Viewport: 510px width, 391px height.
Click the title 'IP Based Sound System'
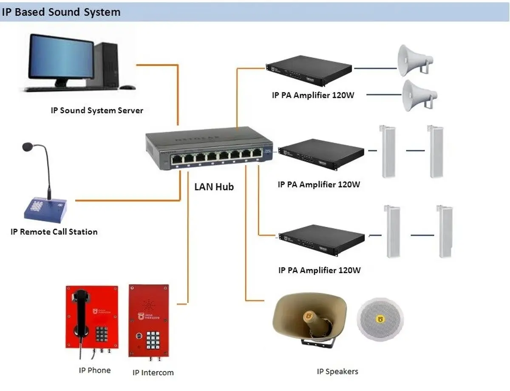tap(61, 12)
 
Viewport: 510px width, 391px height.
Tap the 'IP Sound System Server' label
tap(97, 111)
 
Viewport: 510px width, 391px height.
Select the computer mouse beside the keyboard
tap(127, 87)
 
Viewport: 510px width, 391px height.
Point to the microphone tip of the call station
tap(26, 147)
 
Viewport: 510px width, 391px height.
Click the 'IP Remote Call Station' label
tap(54, 232)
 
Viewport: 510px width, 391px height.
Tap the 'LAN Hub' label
tap(214, 186)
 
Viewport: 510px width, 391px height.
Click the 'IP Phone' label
tap(95, 370)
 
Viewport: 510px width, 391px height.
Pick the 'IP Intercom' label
tap(153, 373)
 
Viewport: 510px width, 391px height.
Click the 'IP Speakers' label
tap(337, 371)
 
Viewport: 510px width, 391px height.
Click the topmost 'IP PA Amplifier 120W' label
tap(313, 95)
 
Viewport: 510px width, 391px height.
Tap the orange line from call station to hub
tap(127, 200)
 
